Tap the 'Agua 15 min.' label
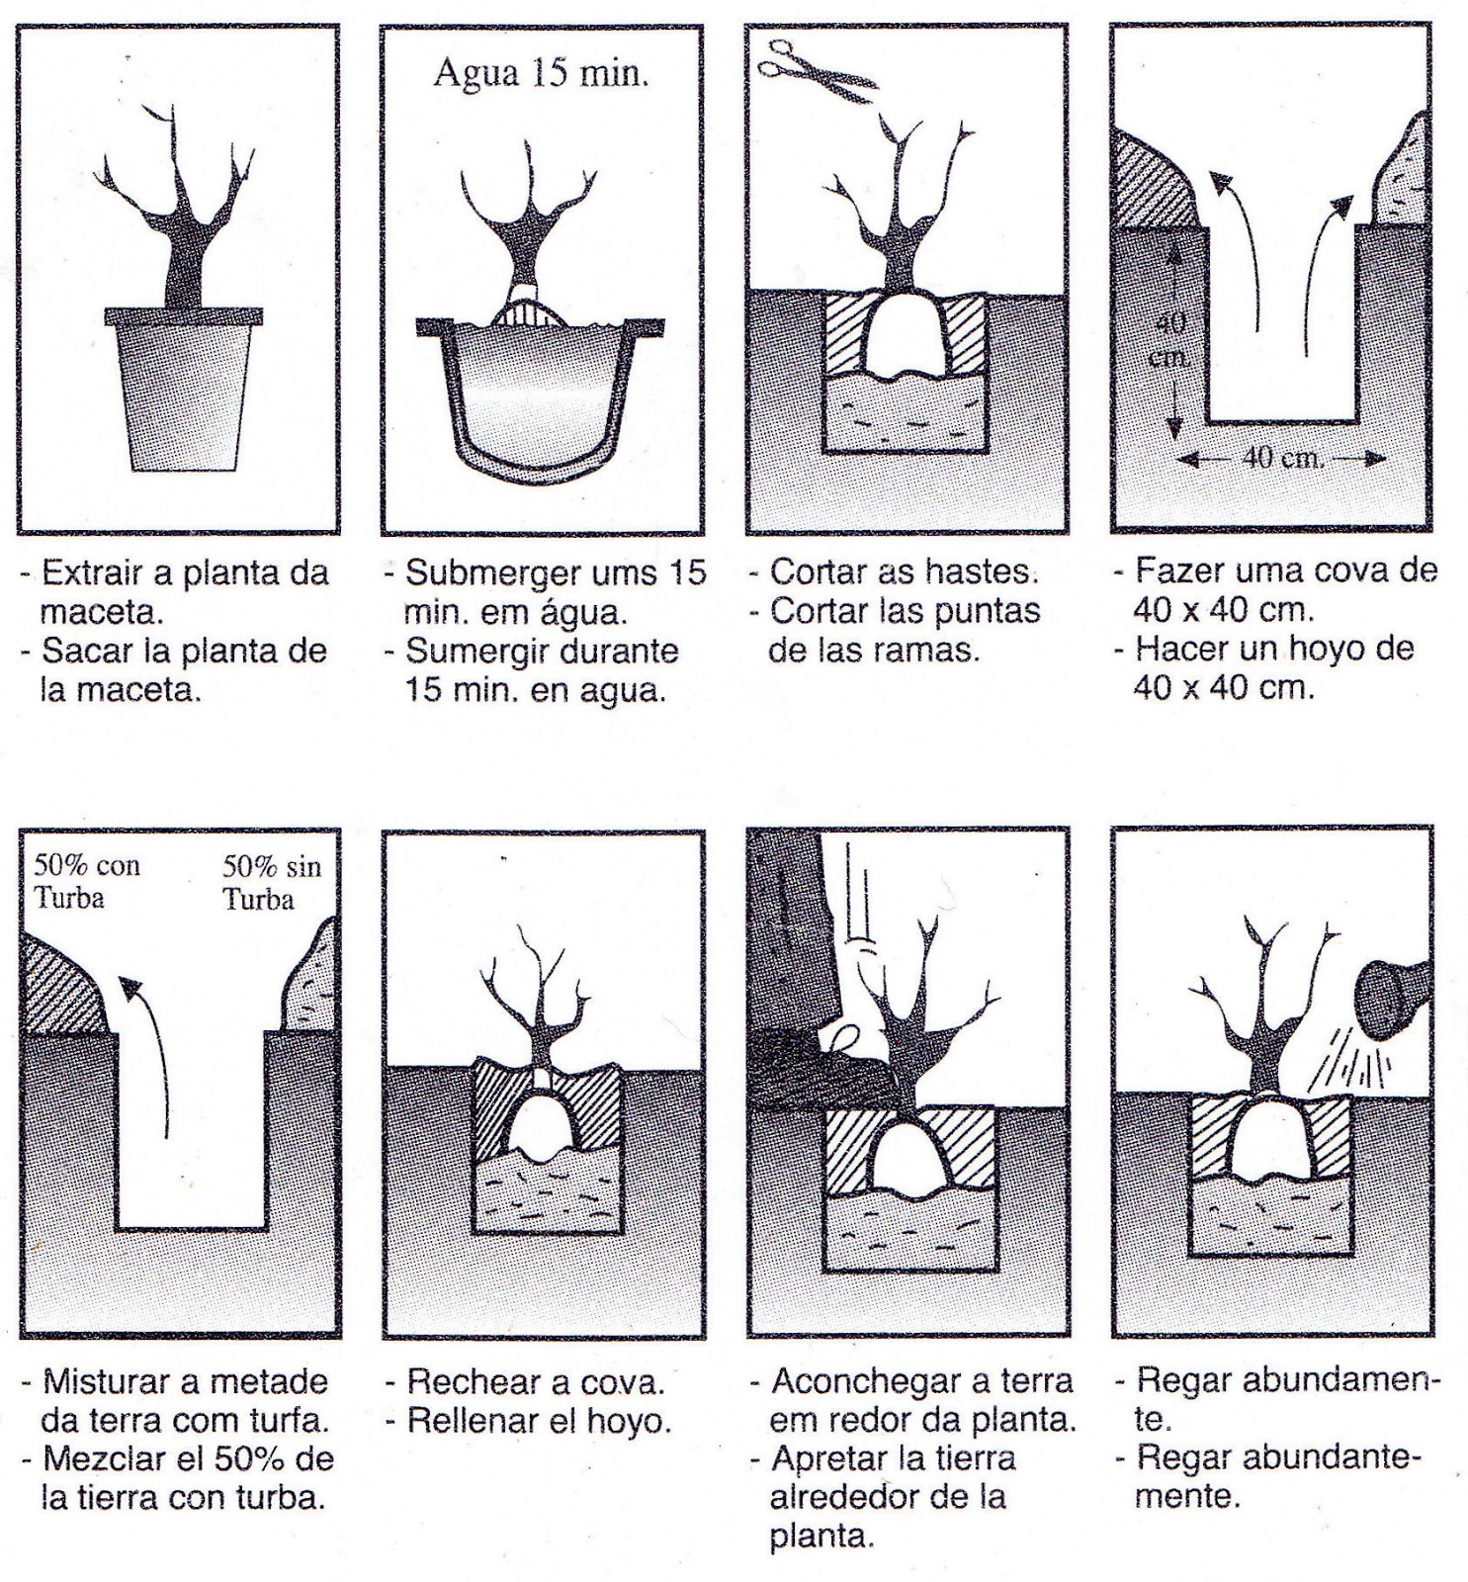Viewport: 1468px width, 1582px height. pos(541,74)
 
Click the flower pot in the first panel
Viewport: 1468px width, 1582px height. pos(185,391)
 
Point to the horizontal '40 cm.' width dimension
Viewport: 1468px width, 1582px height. pos(1281,459)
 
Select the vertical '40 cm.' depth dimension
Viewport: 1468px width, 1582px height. pos(1172,341)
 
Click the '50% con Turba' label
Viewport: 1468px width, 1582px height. pos(86,882)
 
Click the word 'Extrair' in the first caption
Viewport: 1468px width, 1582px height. pos(94,573)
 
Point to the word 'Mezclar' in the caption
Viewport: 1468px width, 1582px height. pos(104,1460)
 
